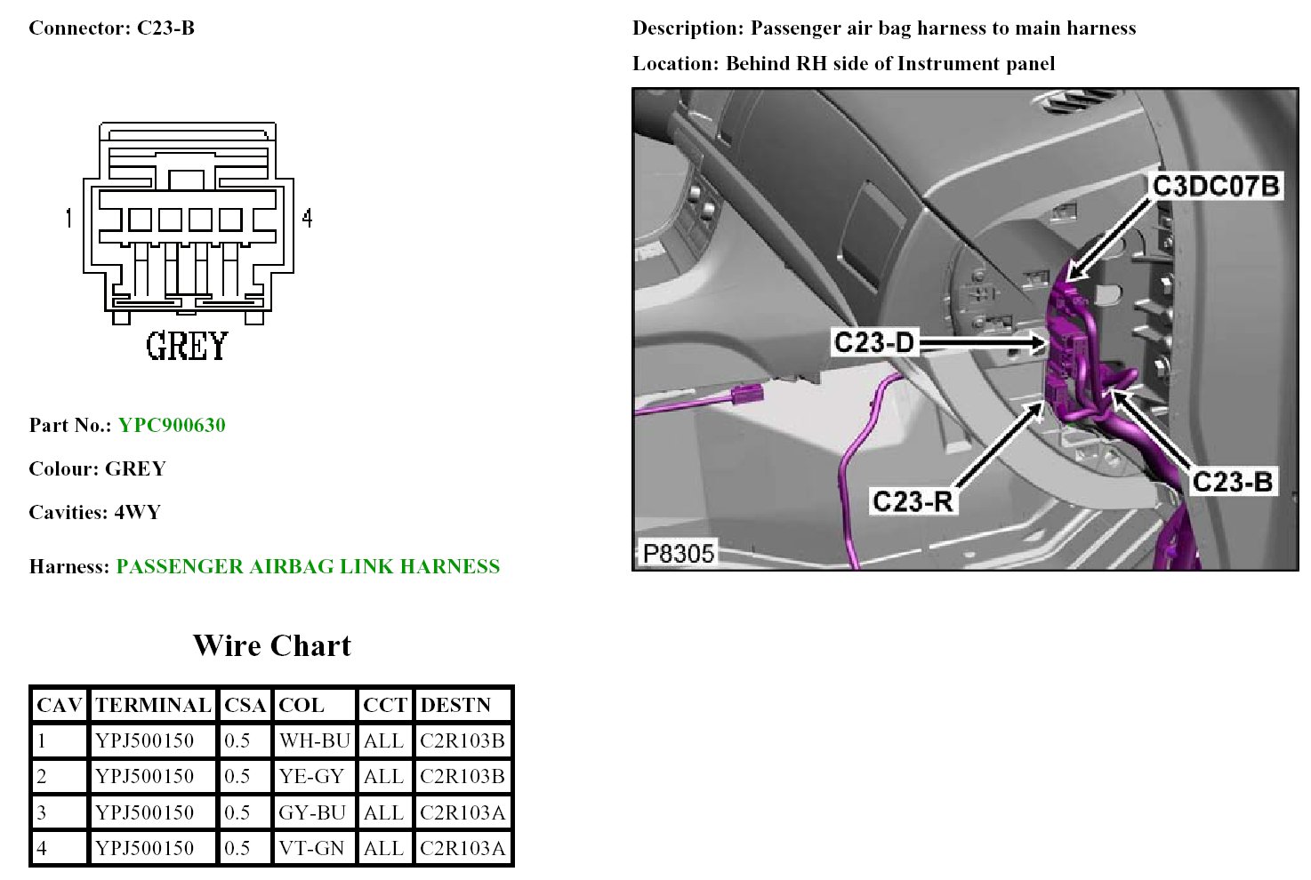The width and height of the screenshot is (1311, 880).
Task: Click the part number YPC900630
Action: [172, 425]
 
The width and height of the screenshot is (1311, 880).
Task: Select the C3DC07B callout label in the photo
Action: [1215, 186]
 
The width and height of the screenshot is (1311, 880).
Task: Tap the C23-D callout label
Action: [873, 342]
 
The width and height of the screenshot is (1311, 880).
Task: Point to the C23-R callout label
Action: [913, 501]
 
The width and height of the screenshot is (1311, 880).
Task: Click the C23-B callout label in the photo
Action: [1232, 482]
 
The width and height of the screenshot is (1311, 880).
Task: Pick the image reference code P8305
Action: [679, 553]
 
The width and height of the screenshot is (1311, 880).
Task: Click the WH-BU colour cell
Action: [314, 740]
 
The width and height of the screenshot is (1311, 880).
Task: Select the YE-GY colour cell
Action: [311, 776]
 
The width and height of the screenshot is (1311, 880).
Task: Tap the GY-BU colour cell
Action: [312, 812]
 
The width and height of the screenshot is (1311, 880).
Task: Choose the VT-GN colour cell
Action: [311, 848]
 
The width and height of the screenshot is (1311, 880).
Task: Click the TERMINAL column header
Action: [153, 705]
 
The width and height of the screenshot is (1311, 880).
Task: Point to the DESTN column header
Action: [455, 705]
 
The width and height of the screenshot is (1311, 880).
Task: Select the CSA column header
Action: [245, 705]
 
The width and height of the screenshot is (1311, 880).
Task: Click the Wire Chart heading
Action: [272, 645]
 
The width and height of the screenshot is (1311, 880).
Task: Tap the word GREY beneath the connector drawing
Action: [187, 346]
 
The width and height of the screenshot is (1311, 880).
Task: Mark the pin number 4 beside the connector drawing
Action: [307, 218]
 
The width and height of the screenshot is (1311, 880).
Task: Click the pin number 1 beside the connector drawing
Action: [68, 218]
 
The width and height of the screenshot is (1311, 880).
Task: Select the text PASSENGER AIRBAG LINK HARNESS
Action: [308, 566]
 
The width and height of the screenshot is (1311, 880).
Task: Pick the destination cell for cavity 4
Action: [462, 848]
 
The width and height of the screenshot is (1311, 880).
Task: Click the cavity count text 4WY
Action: [138, 512]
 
